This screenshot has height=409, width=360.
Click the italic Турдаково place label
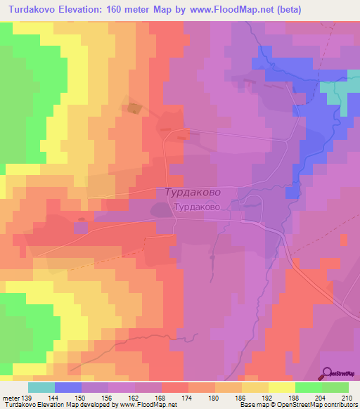coord(194,191)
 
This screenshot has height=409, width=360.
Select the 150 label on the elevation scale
coord(88,398)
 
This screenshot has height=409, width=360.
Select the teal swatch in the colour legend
coord(41,387)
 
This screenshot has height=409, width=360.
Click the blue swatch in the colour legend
coord(68,387)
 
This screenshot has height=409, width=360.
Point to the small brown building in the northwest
coord(132,108)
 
